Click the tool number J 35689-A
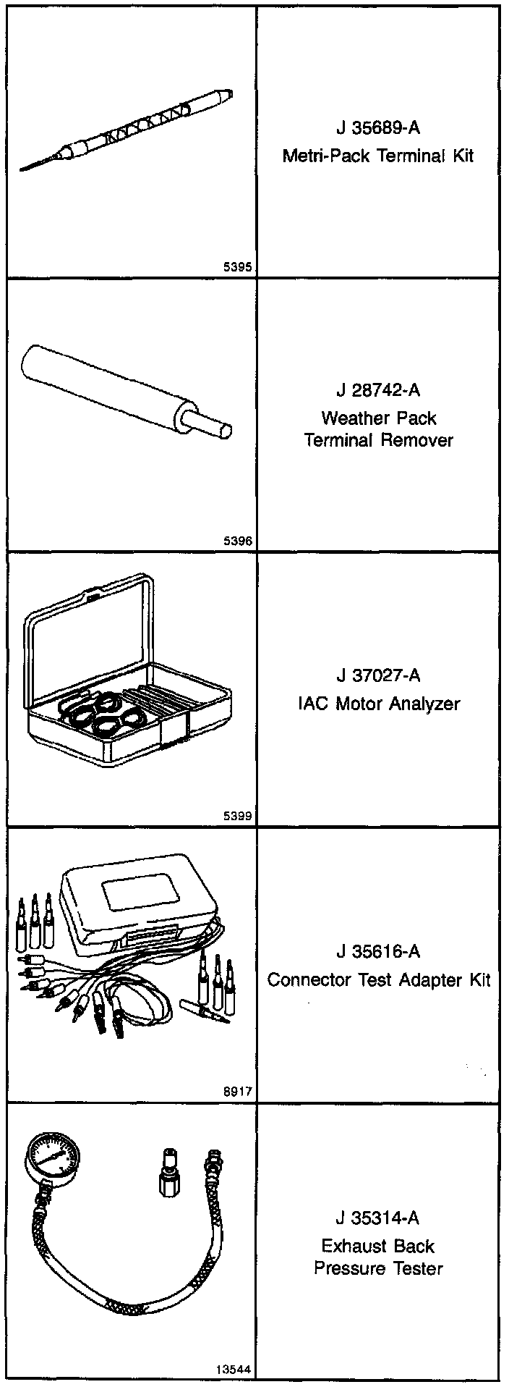(377, 128)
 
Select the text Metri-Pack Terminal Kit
(377, 156)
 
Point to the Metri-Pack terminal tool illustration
(130, 130)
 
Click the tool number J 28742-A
(377, 390)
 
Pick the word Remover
(419, 440)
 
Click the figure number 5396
(238, 541)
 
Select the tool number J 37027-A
(377, 675)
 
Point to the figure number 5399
(238, 817)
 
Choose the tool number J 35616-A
(377, 951)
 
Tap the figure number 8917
(238, 1092)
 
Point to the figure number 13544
(234, 1370)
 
